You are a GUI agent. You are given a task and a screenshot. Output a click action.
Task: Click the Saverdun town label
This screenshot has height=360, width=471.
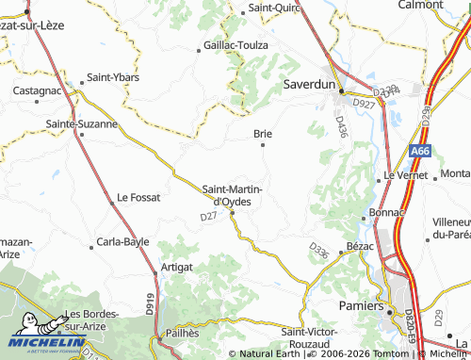click(x=310, y=84)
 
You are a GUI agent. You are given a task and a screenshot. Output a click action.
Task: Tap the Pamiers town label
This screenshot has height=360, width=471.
click(x=362, y=306)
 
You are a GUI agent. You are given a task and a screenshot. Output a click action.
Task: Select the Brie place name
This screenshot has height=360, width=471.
click(x=263, y=134)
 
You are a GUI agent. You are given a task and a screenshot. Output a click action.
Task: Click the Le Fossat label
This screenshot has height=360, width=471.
click(x=138, y=198)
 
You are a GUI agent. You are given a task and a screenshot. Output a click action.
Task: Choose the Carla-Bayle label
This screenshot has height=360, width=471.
click(x=123, y=242)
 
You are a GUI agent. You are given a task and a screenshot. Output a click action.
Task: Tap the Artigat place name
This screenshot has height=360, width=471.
click(x=177, y=268)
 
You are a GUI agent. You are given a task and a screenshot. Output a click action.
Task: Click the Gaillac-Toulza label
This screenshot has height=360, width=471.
click(x=233, y=45)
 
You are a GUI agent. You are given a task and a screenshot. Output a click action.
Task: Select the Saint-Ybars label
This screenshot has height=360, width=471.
click(x=113, y=77)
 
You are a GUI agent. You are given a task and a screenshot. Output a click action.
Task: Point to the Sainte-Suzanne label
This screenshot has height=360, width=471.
click(x=82, y=123)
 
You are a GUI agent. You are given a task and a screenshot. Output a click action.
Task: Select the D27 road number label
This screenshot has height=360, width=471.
click(x=209, y=218)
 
